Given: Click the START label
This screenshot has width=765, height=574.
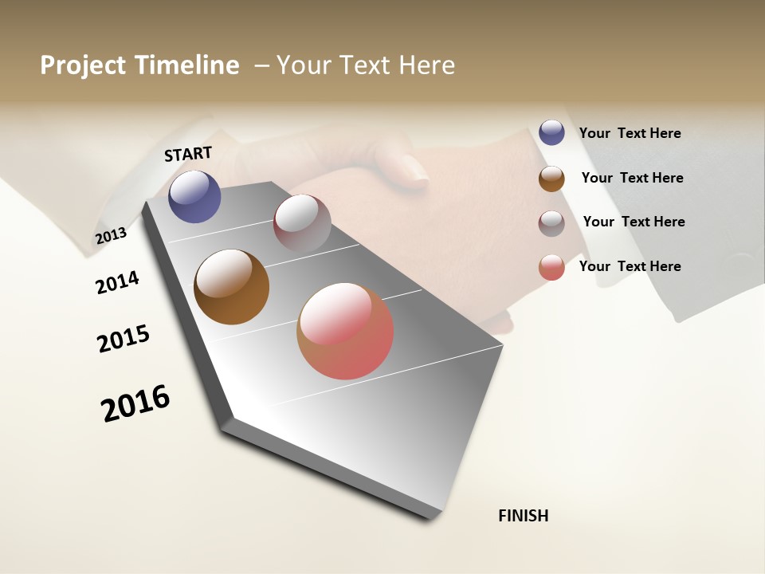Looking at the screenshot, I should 188,154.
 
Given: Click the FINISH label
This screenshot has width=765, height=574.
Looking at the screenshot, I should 524,516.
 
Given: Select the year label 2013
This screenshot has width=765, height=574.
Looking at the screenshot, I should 111,236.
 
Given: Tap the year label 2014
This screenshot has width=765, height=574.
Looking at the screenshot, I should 117,282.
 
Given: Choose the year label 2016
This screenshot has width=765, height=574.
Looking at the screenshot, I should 135,403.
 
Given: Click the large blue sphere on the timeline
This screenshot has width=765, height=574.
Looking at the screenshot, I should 195,197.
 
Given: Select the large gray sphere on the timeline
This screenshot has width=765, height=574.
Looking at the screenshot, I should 302,222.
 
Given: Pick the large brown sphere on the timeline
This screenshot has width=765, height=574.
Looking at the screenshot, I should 232,287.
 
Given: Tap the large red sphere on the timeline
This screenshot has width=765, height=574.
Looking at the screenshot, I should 345,331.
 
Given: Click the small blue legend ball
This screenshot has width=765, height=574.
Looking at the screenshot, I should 551,132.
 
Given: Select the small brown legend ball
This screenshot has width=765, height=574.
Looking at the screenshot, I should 551,179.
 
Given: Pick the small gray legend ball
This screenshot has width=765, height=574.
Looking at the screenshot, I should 551,223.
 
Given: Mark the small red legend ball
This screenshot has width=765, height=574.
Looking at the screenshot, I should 551,267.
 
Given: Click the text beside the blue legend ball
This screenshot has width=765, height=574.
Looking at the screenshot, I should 630,133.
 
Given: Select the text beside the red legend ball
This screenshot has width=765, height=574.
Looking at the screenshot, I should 630,266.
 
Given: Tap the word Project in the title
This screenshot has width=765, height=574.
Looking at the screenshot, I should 83,65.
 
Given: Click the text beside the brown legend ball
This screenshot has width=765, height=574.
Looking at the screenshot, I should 632,178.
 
